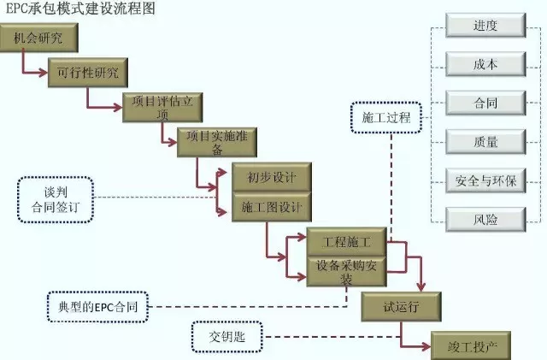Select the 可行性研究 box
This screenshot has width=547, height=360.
point(89,72)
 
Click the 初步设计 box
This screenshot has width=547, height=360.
point(270,178)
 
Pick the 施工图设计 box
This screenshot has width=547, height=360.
point(270,208)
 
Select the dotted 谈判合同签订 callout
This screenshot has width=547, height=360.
point(54,199)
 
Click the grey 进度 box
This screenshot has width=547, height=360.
point(485,26)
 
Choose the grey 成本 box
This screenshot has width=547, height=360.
point(485,64)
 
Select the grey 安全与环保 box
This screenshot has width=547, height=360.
point(485,180)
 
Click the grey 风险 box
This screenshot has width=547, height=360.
point(485,219)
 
